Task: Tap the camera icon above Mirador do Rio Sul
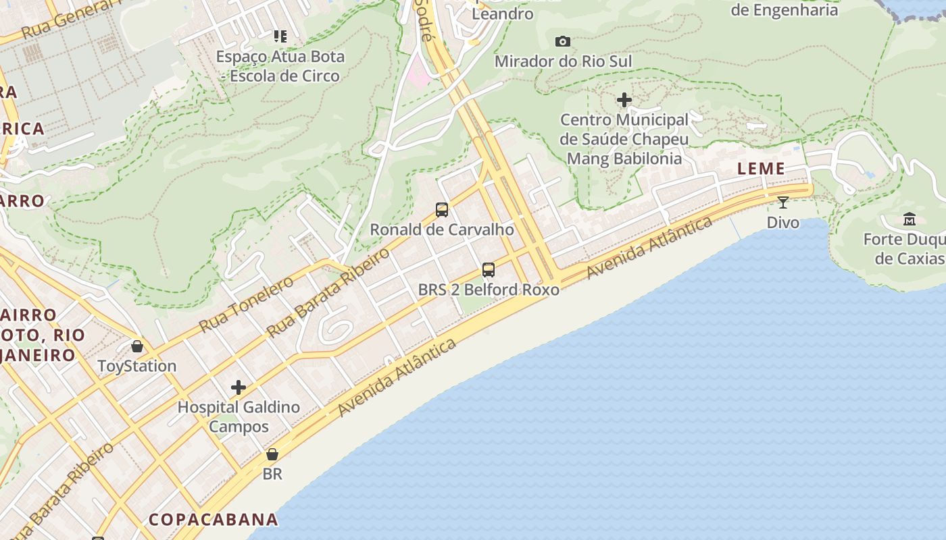pos(562,42)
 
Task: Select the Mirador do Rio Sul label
pos(563,61)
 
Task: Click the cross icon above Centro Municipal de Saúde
pos(624,101)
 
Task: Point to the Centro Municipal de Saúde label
pos(624,139)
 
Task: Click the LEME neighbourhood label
pos(761,169)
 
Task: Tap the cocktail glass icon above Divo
pos(782,202)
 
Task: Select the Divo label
pos(782,222)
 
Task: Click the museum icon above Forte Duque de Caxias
pos(909,219)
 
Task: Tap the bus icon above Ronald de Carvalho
pos(442,210)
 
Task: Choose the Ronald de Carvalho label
pos(442,230)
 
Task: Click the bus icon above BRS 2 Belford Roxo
pos(489,270)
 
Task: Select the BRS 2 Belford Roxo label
pos(489,290)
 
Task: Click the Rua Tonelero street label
pos(246,304)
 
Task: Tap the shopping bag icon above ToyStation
pos(137,346)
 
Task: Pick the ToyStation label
pos(137,366)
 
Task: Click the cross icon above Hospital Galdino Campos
pos(239,387)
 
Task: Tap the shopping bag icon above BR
pos(272,454)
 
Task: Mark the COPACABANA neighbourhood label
pos(213,519)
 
